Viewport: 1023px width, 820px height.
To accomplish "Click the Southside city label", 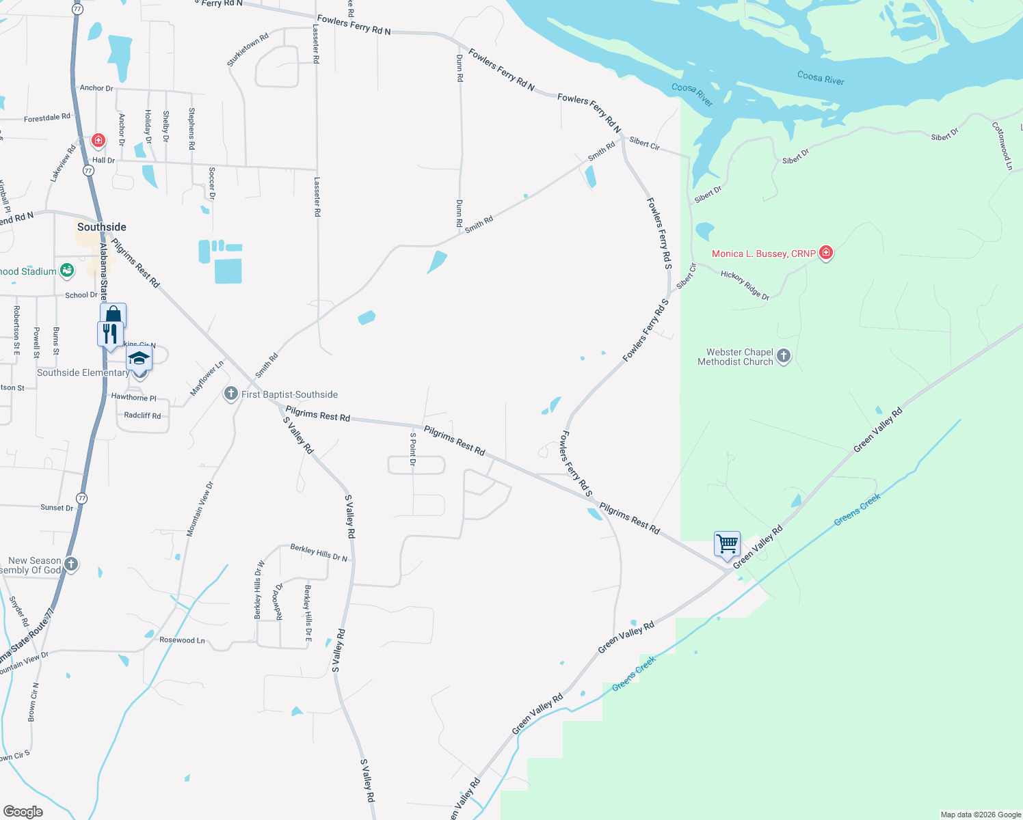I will (102, 227).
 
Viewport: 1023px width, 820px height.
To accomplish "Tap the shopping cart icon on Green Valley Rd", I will (727, 545).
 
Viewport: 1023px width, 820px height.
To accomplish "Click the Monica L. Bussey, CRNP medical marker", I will (826, 254).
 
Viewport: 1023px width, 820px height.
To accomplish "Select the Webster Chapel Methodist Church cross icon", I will (784, 356).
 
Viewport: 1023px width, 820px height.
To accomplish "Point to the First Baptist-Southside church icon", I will (231, 394).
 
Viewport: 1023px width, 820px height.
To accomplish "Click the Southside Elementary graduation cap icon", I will (139, 358).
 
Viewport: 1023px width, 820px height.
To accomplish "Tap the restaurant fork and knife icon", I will (109, 334).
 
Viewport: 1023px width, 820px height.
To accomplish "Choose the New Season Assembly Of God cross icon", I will (71, 564).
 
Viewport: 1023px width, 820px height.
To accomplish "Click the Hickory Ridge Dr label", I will (745, 285).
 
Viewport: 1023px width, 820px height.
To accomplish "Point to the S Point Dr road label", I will (412, 449).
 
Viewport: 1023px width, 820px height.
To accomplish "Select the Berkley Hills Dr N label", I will (319, 553).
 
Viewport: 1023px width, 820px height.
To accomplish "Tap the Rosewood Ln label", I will (182, 640).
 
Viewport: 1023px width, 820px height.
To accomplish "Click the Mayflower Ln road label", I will (207, 379).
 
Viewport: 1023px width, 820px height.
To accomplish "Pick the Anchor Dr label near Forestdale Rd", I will (96, 88).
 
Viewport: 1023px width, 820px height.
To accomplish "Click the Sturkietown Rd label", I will (248, 50).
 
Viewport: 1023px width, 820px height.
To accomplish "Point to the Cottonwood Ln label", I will (1002, 146).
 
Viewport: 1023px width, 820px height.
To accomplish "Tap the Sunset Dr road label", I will (57, 508).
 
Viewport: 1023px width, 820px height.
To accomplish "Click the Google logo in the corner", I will (23, 811).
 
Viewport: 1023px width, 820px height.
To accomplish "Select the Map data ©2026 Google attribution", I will (981, 815).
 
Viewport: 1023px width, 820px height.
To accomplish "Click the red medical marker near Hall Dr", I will (98, 141).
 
